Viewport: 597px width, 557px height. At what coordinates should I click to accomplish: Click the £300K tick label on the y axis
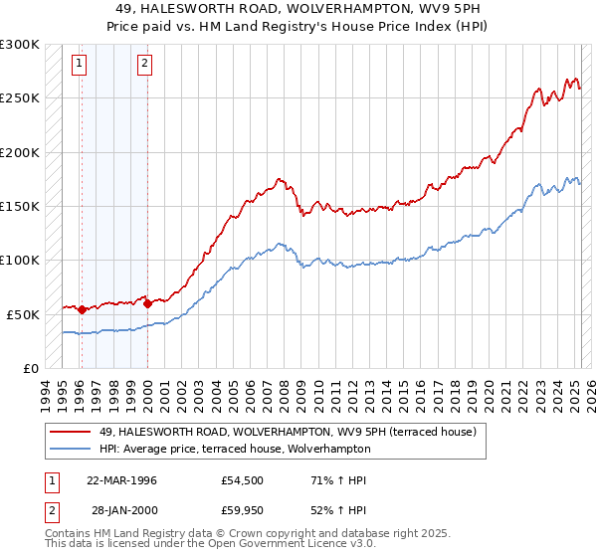pyautogui.click(x=20, y=45)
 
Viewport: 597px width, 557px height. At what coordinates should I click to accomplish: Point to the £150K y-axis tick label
pyautogui.click(x=20, y=207)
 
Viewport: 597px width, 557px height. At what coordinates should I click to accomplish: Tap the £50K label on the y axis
pyautogui.click(x=23, y=314)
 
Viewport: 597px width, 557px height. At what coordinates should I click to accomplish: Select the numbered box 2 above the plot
pyautogui.click(x=144, y=65)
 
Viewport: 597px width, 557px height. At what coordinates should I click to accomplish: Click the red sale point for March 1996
pyautogui.click(x=82, y=309)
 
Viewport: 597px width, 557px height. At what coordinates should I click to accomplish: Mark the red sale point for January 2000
pyautogui.click(x=147, y=303)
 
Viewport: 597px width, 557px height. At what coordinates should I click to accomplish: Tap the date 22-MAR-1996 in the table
pyautogui.click(x=121, y=480)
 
